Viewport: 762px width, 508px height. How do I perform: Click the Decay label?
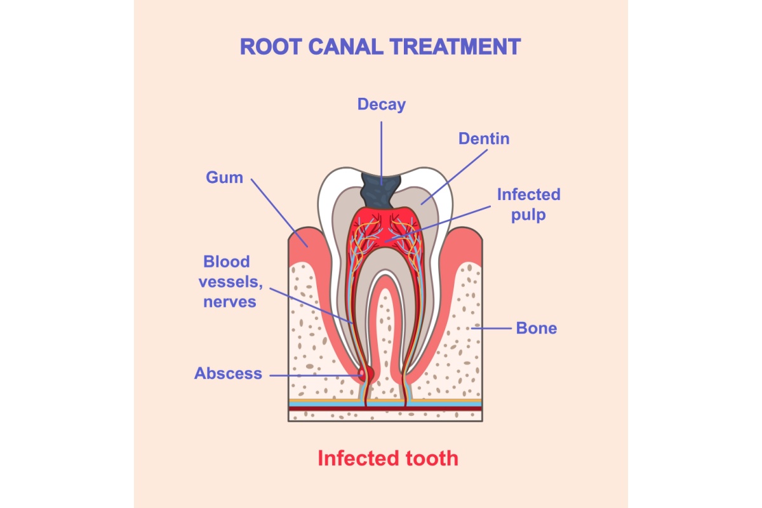[x=381, y=104]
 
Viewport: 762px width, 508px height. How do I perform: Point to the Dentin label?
[x=484, y=138]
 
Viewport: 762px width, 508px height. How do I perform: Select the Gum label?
[x=224, y=177]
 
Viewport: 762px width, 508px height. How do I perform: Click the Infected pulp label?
[x=528, y=204]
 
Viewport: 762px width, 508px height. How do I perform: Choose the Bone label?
[x=536, y=328]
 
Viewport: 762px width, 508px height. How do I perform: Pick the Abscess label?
[x=228, y=373]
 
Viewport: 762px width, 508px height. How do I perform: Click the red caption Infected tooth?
[x=387, y=458]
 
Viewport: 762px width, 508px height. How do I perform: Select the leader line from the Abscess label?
[x=311, y=375]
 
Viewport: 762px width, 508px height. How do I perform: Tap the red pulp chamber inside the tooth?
[x=381, y=229]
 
